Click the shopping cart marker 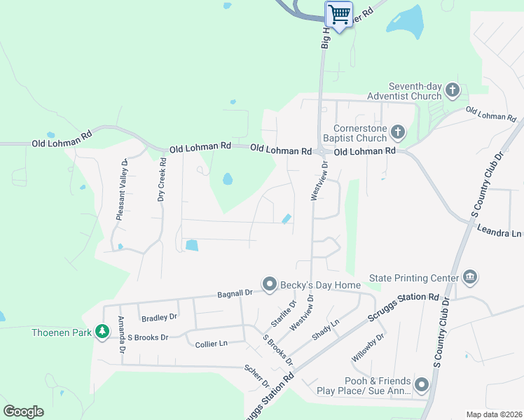(339, 14)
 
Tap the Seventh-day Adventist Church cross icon (452, 90)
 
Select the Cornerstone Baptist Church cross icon (397, 132)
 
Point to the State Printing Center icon (470, 278)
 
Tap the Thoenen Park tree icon (102, 332)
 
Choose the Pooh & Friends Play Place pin (422, 384)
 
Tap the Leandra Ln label (499, 231)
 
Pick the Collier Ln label (212, 344)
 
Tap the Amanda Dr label (121, 334)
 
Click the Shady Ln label (325, 328)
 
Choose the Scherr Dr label (256, 374)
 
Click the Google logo (23, 411)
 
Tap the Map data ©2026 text (495, 414)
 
